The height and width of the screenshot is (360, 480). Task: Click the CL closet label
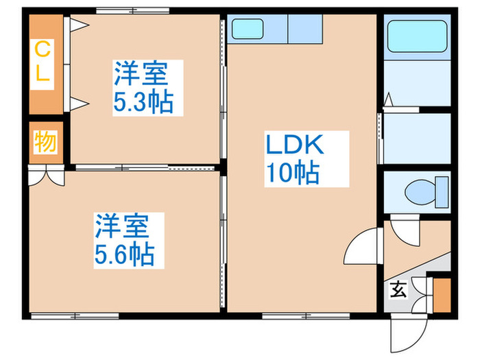(43, 62)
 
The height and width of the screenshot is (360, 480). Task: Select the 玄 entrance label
(398, 289)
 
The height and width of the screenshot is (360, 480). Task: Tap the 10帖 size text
(293, 173)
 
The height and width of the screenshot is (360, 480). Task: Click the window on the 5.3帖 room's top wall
(132, 10)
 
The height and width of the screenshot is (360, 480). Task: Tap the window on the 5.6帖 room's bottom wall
(75, 316)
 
